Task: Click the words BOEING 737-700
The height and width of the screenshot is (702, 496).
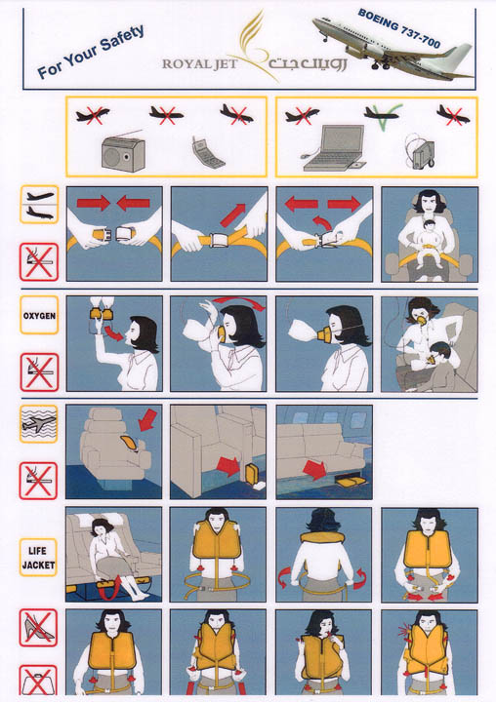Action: coord(398,27)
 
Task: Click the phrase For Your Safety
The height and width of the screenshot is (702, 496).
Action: coord(91,52)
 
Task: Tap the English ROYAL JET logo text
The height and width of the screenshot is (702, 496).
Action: coord(199,64)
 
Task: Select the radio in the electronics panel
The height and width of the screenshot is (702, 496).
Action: coord(123,152)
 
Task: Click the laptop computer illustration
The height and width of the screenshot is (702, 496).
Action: coord(334,148)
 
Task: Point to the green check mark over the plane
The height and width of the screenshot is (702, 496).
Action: coord(383,116)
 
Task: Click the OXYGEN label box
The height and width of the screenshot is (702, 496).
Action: coord(39,315)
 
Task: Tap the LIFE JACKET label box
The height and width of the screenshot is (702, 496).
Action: coord(39,558)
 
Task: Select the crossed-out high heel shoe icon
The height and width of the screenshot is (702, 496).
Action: coord(38,628)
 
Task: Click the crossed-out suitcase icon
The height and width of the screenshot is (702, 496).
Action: coord(38,682)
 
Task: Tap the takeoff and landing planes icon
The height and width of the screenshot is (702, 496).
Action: coord(39,205)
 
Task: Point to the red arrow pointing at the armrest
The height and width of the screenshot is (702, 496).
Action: coord(147,420)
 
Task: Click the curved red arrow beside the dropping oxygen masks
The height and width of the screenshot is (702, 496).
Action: coord(112,333)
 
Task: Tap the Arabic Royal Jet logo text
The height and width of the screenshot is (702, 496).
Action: coord(308,63)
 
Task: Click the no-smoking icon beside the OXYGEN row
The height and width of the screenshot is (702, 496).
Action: coord(39,372)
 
